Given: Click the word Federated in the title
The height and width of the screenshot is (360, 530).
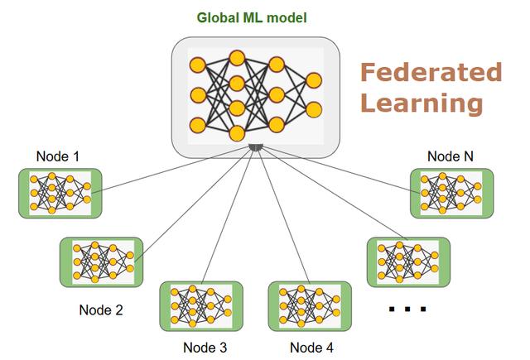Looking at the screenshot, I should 431,73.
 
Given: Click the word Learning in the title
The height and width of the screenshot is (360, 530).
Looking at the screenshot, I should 422,104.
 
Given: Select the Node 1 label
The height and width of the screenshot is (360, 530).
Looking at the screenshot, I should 59,156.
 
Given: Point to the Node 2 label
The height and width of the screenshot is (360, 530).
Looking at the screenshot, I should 101,310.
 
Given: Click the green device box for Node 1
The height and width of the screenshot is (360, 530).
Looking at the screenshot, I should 60,194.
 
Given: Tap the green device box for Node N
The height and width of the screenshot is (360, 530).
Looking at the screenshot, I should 451,194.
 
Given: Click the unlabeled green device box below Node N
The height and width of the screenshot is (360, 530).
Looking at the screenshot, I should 408,262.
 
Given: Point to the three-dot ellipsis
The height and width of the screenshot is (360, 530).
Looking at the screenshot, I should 407,309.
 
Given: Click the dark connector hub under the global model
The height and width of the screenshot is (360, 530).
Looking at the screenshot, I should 256,147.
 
